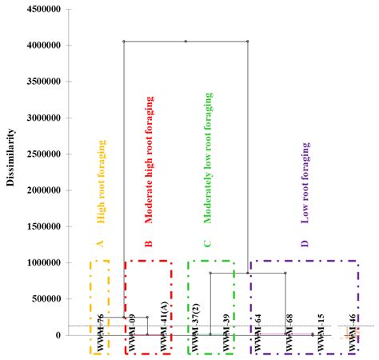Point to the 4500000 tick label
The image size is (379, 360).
point(41,10)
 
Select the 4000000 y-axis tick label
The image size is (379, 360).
point(41,46)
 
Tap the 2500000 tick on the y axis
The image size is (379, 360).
point(41,154)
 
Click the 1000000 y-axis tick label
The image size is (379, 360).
point(41,262)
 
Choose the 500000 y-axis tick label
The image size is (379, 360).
point(43,298)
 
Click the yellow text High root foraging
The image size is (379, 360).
point(102,181)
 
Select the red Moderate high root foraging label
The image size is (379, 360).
point(149,159)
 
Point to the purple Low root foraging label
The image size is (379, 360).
point(305,182)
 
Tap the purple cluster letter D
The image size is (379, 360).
point(305,243)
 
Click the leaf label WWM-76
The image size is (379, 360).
point(101,333)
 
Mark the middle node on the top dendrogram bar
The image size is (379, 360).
point(186,41)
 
